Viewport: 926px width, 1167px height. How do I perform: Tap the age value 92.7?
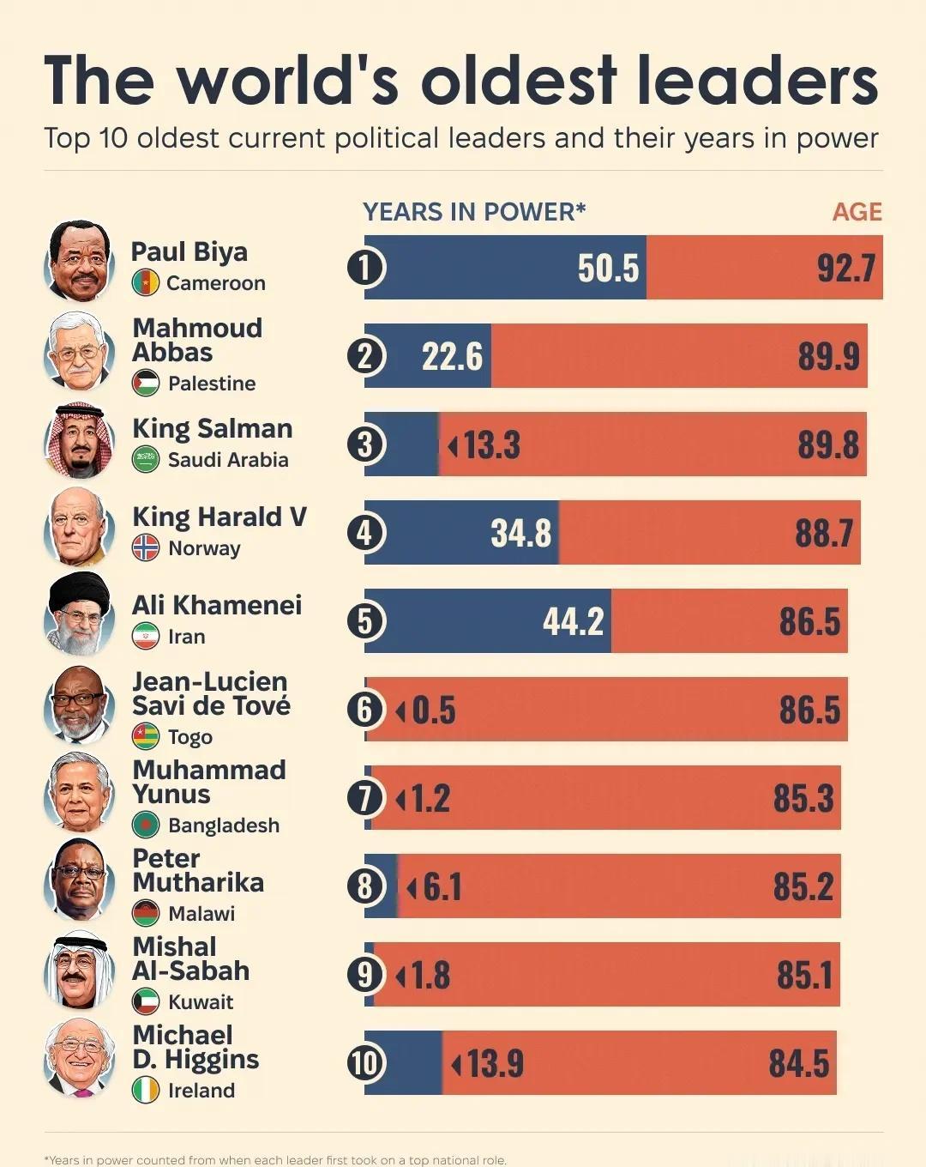pyautogui.click(x=845, y=269)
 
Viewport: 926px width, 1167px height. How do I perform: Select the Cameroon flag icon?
pyautogui.click(x=146, y=282)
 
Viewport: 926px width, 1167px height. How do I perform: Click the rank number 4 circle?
pyautogui.click(x=366, y=533)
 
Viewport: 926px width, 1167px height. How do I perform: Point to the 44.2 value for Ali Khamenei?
pyautogui.click(x=573, y=621)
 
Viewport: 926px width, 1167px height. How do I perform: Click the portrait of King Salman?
pyautogui.click(x=79, y=442)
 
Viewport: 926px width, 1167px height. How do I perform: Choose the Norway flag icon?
pyautogui.click(x=146, y=547)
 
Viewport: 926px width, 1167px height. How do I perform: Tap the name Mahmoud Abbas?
pyautogui.click(x=196, y=340)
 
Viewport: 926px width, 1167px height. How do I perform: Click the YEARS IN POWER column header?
pyautogui.click(x=473, y=212)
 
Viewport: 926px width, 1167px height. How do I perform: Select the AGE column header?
pyautogui.click(x=857, y=212)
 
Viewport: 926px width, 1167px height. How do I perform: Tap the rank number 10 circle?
pyautogui.click(x=366, y=1063)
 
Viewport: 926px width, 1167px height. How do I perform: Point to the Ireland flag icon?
pyautogui.click(x=146, y=1090)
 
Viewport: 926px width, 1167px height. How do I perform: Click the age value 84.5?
pyautogui.click(x=798, y=1063)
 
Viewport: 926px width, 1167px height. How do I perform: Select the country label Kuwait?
pyautogui.click(x=201, y=1001)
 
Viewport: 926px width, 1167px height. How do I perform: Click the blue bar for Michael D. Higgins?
pyautogui.click(x=403, y=1063)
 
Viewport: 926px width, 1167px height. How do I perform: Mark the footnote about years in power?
pyautogui.click(x=275, y=1159)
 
